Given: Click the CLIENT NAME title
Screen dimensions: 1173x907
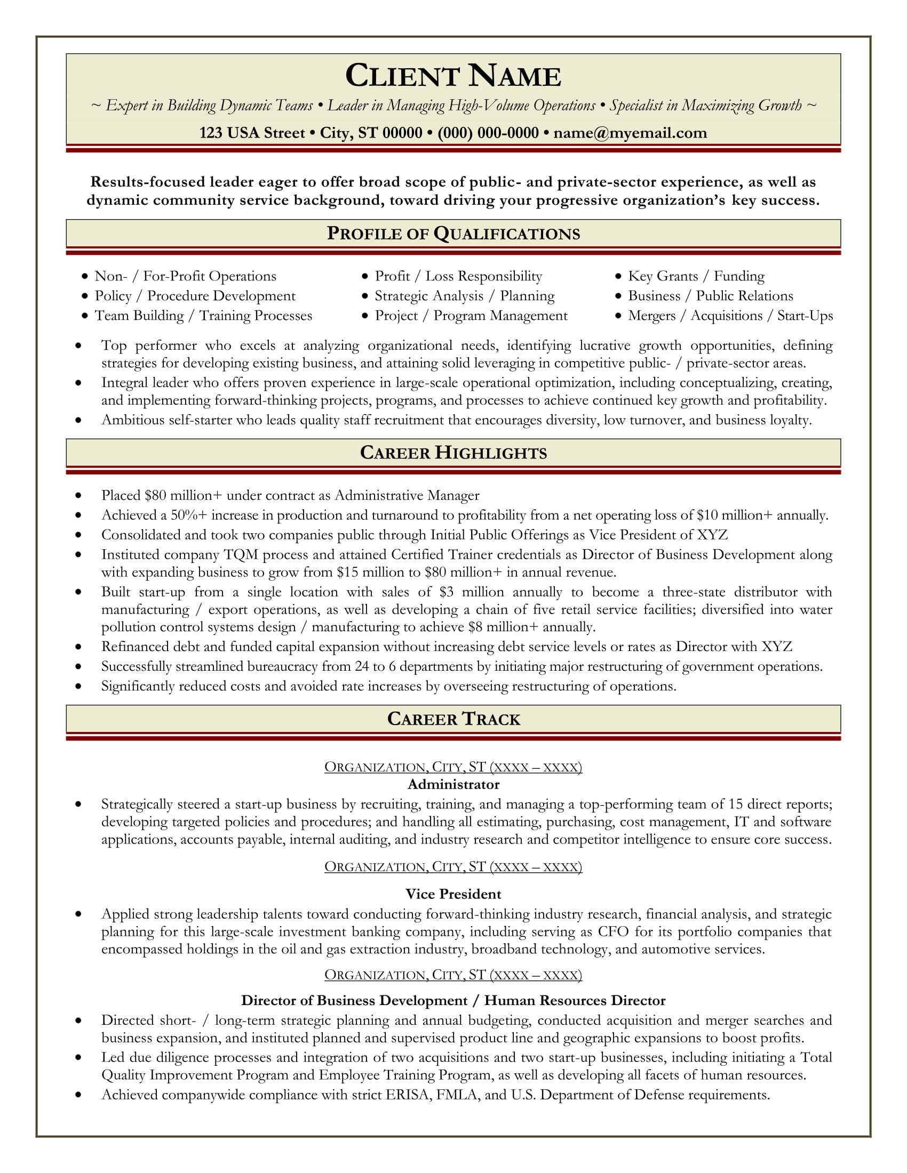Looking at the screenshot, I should coord(453,76).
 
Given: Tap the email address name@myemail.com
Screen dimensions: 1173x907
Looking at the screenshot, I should coord(630,133).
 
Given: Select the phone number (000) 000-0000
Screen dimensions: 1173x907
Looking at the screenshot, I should coord(488,133).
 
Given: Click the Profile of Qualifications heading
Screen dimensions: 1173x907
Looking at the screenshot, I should coord(453,234).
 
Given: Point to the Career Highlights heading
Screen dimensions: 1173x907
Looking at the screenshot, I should coord(453,453).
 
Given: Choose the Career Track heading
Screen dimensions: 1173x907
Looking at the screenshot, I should coord(453,719).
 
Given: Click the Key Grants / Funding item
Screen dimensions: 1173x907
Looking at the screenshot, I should coord(696,276).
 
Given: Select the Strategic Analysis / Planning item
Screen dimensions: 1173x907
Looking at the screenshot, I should coord(464,296).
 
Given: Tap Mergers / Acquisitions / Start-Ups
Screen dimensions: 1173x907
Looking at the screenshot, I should coord(730,316).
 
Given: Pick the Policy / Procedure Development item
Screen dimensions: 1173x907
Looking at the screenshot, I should coord(195,296).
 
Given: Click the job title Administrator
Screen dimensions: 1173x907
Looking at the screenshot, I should coord(453,785).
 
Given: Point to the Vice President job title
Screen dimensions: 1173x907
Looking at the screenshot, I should coord(453,894).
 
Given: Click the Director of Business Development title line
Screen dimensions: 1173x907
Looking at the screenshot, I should coord(453,1000).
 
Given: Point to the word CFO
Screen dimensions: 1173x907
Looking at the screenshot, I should coord(613,931).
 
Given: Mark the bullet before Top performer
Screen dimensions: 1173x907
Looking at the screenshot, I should coord(78,346).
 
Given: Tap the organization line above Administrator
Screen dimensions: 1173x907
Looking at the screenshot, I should coord(453,766).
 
